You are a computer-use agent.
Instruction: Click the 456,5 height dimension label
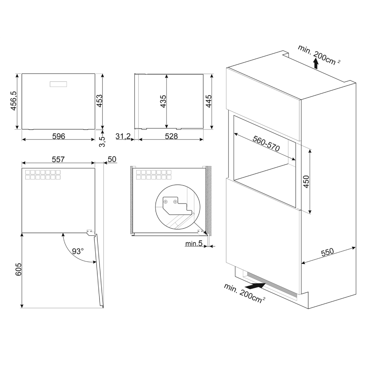[13, 101]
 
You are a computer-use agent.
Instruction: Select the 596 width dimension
[58, 137]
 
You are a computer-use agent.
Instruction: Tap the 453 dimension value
[99, 101]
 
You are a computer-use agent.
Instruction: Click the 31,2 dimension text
[123, 137]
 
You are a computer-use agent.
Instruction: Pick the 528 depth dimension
[171, 137]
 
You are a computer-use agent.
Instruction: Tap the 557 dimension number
[58, 159]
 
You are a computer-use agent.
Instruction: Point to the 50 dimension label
[112, 159]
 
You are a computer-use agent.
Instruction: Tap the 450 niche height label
[306, 181]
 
